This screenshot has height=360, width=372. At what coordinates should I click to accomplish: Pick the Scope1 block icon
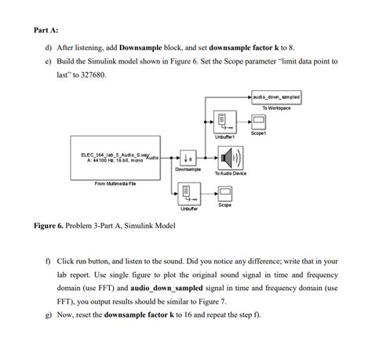coord(258,122)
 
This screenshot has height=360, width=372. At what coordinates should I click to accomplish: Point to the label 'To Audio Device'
coord(230,173)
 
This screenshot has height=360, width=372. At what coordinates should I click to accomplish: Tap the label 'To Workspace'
coord(276,107)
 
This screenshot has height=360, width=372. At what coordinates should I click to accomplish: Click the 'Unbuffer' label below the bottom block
coord(188,209)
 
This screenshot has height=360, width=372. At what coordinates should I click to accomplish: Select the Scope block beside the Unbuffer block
coord(224,192)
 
